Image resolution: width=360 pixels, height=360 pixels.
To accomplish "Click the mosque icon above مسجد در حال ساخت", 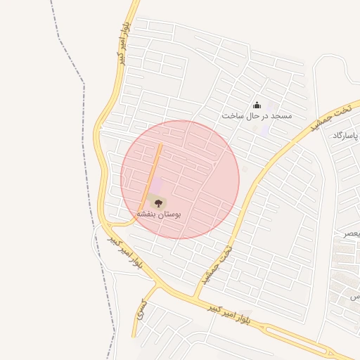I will (x=257, y=105).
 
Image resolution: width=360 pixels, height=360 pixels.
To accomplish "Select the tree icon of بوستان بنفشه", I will (x=156, y=202).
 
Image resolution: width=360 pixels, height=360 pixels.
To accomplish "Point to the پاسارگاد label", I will (x=345, y=135).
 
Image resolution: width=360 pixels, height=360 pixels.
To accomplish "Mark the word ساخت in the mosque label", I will (x=232, y=115).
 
